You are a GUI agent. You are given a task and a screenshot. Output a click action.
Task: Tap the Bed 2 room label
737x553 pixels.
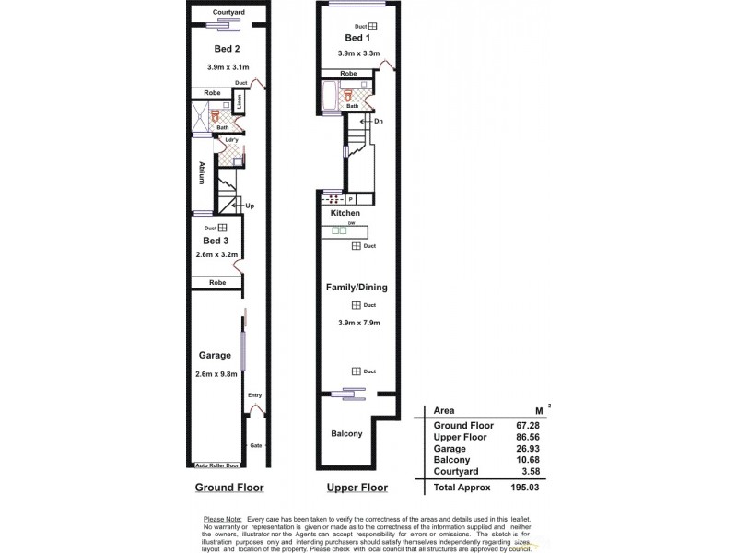pos(227,49)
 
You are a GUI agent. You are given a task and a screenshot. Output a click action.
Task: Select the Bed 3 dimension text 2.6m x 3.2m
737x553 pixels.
pos(218,254)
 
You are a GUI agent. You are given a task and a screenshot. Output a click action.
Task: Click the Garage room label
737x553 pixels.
pos(215,355)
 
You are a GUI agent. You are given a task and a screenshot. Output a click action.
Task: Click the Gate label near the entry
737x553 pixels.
pos(256,445)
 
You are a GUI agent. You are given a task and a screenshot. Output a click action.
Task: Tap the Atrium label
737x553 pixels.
pos(200,173)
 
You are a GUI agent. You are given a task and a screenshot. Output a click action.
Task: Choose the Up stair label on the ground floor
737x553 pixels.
pos(249,206)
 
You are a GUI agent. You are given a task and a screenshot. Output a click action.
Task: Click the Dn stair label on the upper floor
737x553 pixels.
pos(378,121)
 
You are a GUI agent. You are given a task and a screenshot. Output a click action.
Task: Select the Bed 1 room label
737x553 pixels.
pos(356,39)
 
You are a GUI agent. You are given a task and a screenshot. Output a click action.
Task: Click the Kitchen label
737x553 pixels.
pos(345,214)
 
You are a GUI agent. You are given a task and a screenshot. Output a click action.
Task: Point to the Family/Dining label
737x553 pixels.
pos(357,288)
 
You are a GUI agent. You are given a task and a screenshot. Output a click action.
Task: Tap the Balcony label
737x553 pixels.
pos(346,433)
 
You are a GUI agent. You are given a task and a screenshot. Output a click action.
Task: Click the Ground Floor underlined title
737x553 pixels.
pos(228,488)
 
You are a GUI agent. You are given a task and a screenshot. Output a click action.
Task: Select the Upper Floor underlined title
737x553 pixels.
pos(357,488)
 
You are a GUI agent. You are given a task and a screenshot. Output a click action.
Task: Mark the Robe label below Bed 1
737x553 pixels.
pos(348,73)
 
